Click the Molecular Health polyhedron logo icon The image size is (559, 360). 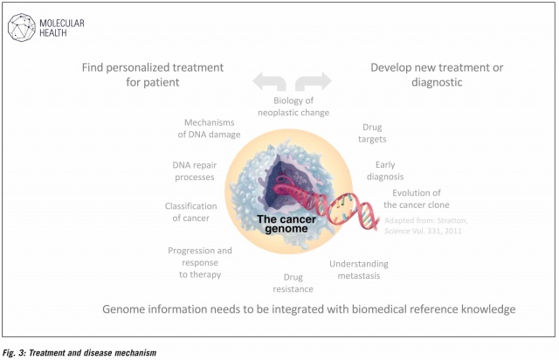(x=21, y=27)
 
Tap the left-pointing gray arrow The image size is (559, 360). (x=270, y=81)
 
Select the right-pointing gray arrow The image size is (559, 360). (x=314, y=81)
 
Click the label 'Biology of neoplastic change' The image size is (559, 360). (x=293, y=107)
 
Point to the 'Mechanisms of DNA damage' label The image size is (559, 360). (x=209, y=128)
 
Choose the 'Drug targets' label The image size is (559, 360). (x=372, y=133)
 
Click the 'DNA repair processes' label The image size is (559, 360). (x=194, y=171)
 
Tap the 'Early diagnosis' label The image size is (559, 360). (x=385, y=170)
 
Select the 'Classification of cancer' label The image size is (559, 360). (x=190, y=212)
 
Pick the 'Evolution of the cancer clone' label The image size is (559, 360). (x=416, y=198)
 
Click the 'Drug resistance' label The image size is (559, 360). (x=293, y=283)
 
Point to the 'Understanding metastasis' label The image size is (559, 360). (x=359, y=270)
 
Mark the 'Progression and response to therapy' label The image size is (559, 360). (x=200, y=263)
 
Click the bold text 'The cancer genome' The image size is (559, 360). (x=286, y=224)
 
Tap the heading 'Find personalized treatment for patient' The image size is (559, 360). (x=153, y=74)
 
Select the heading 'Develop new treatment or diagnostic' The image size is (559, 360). (x=437, y=74)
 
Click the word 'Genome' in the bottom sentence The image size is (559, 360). (x=123, y=309)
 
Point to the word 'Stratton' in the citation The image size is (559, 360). (x=452, y=220)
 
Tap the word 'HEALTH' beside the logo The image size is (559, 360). (x=52, y=33)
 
